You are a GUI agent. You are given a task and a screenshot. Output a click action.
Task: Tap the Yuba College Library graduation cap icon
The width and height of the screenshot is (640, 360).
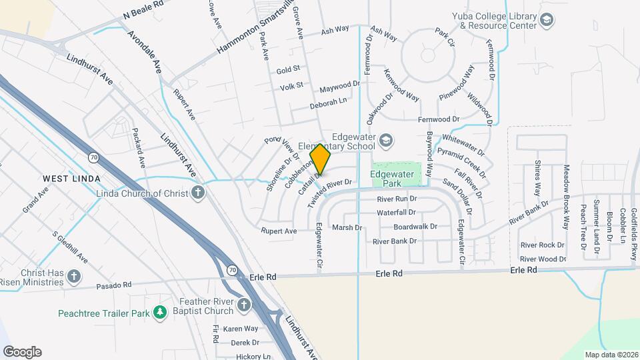547,20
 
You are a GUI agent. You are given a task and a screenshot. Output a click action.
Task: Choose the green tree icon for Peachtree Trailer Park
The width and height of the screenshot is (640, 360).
159,312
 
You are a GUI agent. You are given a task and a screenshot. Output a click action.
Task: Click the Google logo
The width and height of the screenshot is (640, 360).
22,352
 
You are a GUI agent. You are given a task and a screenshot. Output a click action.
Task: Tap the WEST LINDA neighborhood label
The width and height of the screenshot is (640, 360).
71,179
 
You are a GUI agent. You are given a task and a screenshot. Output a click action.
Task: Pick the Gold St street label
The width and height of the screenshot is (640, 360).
288,69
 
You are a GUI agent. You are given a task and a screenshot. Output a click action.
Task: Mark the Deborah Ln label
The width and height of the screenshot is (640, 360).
329,103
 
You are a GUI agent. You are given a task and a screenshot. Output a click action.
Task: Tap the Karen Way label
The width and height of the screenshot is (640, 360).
240,329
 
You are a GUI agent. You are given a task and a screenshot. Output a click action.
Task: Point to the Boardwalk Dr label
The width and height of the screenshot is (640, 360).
415,227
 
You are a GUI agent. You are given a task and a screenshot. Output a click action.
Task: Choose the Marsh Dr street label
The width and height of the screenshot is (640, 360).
347,227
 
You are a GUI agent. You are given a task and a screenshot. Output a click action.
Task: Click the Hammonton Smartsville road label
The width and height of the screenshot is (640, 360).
255,33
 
